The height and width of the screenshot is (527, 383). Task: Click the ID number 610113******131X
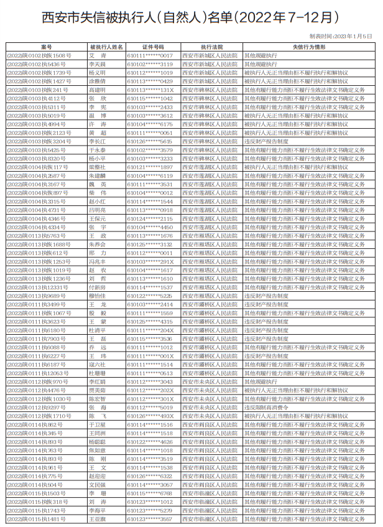(150, 90)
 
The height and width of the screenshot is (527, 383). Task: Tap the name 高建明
(98, 90)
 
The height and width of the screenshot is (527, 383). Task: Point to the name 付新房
(98, 287)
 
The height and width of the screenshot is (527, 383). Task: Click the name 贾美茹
(98, 390)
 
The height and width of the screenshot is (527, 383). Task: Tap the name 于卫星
(98, 424)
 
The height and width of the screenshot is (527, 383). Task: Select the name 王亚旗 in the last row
(98, 519)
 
